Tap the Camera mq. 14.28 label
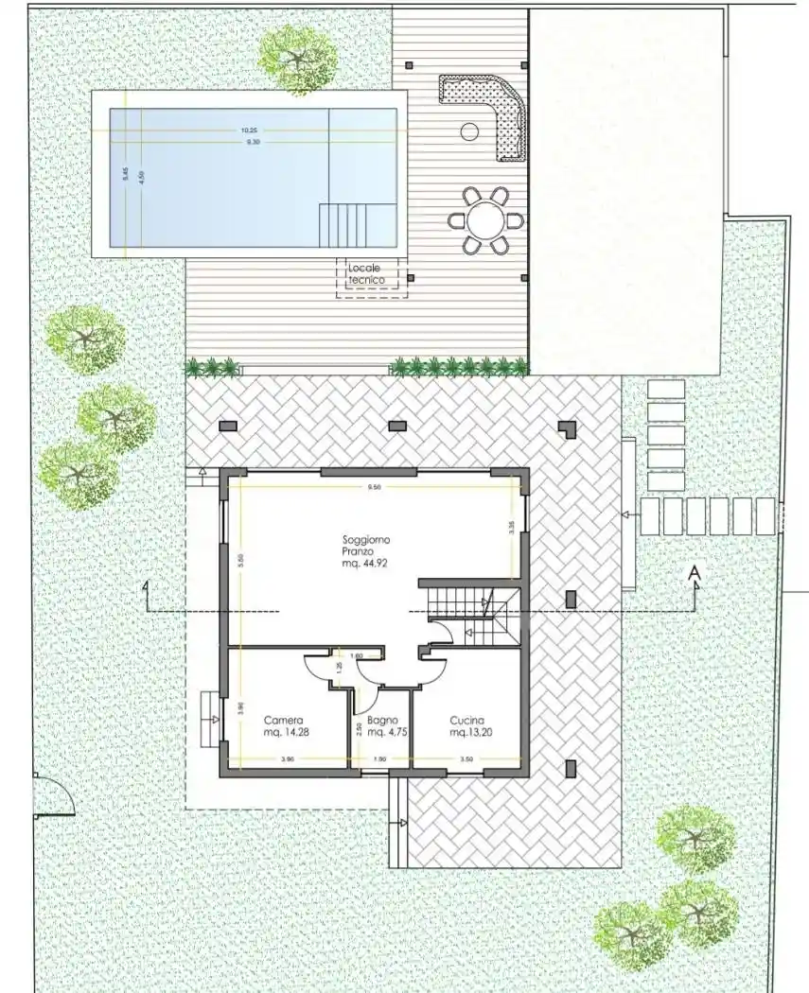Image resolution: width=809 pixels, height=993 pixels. tap(285, 724)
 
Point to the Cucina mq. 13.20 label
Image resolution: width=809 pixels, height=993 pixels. tap(470, 724)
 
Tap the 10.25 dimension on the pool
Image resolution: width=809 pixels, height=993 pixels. tap(249, 131)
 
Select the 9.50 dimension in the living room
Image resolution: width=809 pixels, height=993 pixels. tap(374, 488)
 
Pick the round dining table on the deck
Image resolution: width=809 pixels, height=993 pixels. tap(486, 221)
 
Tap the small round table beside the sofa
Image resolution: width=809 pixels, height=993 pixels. tap(469, 132)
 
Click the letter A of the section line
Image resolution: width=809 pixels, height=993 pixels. tap(695, 573)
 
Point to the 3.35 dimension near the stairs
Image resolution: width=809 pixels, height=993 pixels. tap(511, 528)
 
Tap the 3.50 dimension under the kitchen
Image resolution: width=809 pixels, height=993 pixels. tap(466, 758)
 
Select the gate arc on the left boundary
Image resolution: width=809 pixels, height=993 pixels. tap(55, 794)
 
